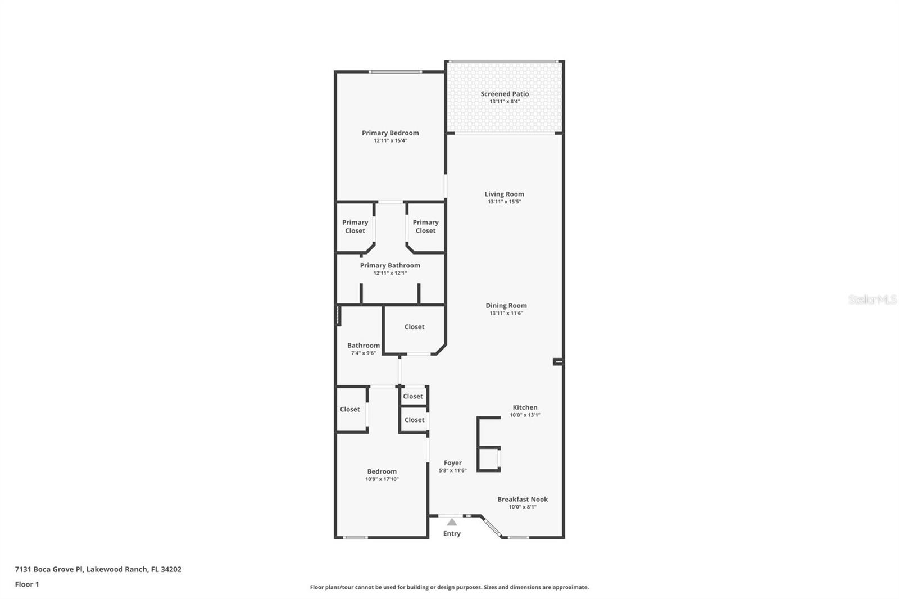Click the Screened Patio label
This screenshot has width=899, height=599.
(x=505, y=94)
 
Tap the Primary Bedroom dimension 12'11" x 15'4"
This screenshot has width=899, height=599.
(x=390, y=140)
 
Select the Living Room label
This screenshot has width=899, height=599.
(x=504, y=194)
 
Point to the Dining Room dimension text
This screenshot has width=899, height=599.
(x=506, y=313)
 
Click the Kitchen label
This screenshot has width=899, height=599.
(x=525, y=407)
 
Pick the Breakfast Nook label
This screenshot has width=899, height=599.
(x=523, y=499)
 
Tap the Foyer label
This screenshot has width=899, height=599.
(x=452, y=463)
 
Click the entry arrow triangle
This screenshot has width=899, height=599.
(x=452, y=522)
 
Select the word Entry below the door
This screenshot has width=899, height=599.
(x=452, y=533)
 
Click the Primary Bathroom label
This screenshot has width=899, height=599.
(x=390, y=265)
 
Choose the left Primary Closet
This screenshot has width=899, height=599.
(x=355, y=226)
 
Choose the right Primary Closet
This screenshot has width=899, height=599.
(x=425, y=226)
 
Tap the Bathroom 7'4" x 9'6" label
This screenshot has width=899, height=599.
(x=364, y=348)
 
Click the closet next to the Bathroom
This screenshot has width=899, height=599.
(x=414, y=326)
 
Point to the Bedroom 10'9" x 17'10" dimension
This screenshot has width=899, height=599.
(x=382, y=479)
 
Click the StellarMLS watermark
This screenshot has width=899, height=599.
(x=872, y=299)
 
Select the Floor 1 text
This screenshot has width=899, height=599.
(x=27, y=584)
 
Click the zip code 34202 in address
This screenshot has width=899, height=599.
(x=171, y=569)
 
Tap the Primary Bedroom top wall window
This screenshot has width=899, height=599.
(x=395, y=72)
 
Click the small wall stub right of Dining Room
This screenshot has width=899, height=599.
(x=557, y=362)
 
